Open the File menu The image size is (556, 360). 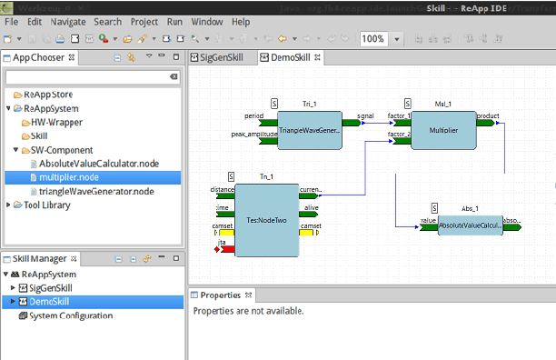point(11,21)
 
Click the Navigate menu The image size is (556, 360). point(68,21)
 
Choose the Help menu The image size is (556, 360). point(241,21)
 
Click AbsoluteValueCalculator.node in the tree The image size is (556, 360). point(99,164)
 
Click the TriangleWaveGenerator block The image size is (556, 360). point(309,131)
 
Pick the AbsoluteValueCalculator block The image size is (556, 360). point(470,225)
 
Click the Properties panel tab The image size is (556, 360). point(221,295)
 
